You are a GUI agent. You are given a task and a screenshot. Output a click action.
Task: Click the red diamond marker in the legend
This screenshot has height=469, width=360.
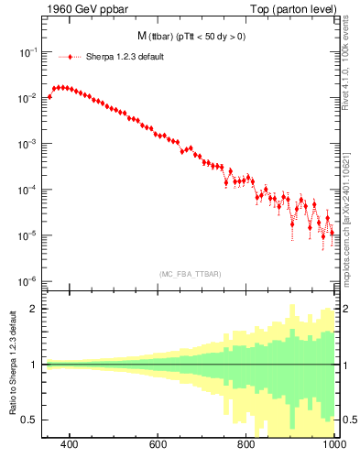(x=71, y=57)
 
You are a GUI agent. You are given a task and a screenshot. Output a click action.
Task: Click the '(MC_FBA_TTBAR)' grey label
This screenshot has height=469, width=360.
(x=189, y=274)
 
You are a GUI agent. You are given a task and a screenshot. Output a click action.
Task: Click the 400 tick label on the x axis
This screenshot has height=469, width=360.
(x=69, y=445)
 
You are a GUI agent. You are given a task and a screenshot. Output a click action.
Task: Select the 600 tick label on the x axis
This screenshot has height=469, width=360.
(x=158, y=445)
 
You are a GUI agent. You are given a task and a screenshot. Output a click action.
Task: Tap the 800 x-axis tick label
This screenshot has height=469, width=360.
(x=246, y=445)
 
